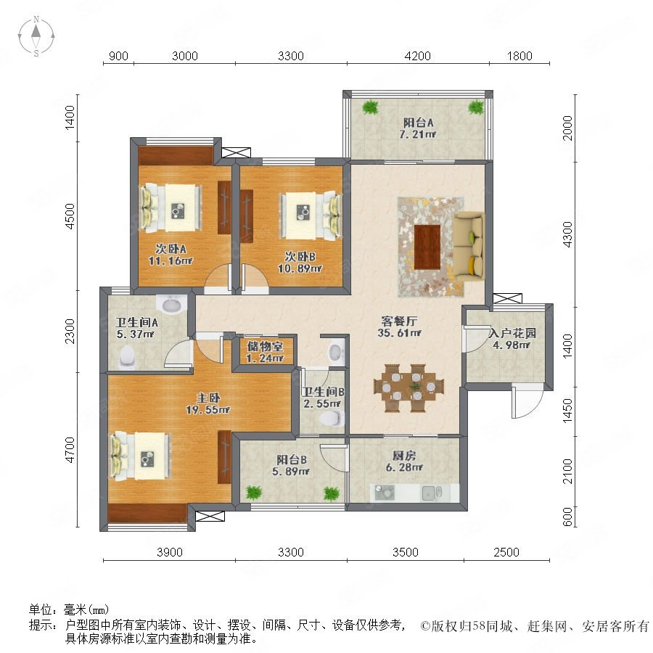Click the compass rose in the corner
(x=36, y=36)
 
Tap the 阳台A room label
(x=418, y=123)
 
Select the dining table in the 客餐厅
(x=409, y=388)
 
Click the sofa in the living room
(x=469, y=245)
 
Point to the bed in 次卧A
(x=171, y=208)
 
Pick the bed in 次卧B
(x=309, y=215)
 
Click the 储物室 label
(x=265, y=346)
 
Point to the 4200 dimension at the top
(x=417, y=56)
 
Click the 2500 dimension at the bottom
(x=506, y=552)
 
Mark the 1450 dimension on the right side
(x=567, y=411)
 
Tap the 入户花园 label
(x=512, y=333)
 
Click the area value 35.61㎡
(x=399, y=333)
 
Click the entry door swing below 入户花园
(x=527, y=402)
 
